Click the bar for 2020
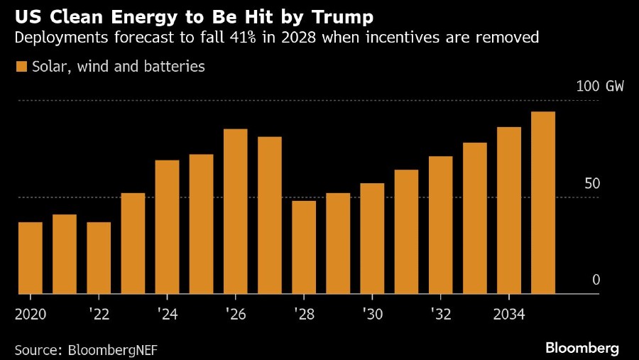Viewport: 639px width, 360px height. pyautogui.click(x=31, y=258)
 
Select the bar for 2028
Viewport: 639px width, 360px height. pyautogui.click(x=304, y=247)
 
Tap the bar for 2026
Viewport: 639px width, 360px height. pyautogui.click(x=236, y=211)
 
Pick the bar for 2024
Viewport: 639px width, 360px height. pyautogui.click(x=167, y=227)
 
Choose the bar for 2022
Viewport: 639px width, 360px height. pyautogui.click(x=99, y=258)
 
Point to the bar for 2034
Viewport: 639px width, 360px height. pyautogui.click(x=509, y=210)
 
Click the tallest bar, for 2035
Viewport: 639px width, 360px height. pyautogui.click(x=543, y=202)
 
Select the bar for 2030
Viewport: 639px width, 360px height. pyautogui.click(x=372, y=238)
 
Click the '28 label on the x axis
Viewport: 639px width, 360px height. pyautogui.click(x=304, y=314)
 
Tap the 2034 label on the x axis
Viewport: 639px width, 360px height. pyautogui.click(x=509, y=314)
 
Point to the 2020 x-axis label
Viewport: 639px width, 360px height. pyautogui.click(x=30, y=314)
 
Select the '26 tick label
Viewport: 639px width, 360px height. pyautogui.click(x=235, y=314)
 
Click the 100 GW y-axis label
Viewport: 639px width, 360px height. pyautogui.click(x=600, y=87)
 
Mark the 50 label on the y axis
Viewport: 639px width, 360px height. pyautogui.click(x=592, y=183)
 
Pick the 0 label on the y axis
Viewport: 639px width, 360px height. pyautogui.click(x=596, y=280)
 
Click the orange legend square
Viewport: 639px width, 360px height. pyautogui.click(x=21, y=67)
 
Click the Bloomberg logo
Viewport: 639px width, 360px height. pyautogui.click(x=581, y=348)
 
